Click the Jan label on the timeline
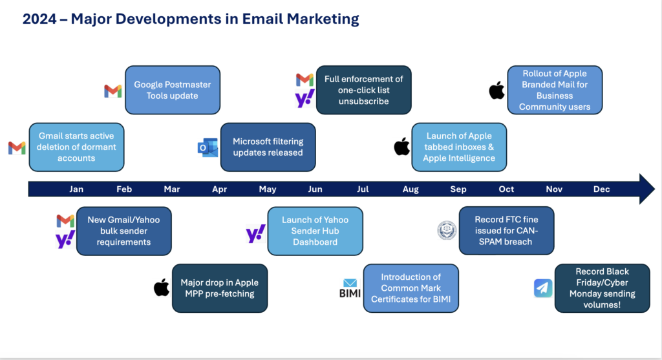point(76,189)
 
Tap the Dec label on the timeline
point(602,189)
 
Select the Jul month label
point(363,189)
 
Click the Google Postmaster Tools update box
point(173,90)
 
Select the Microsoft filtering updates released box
point(268,147)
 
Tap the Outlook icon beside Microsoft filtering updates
point(208,148)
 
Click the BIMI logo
point(350,288)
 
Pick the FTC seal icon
point(447,231)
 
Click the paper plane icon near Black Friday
point(543,288)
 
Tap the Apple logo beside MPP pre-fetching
point(162,288)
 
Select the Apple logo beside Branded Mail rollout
point(497,90)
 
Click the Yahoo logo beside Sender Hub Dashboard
point(256,233)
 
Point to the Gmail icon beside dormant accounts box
point(17,148)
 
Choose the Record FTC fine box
point(507,231)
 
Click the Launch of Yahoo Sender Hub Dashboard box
point(315,231)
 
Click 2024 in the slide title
point(39,19)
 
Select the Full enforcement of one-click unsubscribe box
point(364,90)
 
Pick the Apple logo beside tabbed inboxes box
point(402,147)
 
